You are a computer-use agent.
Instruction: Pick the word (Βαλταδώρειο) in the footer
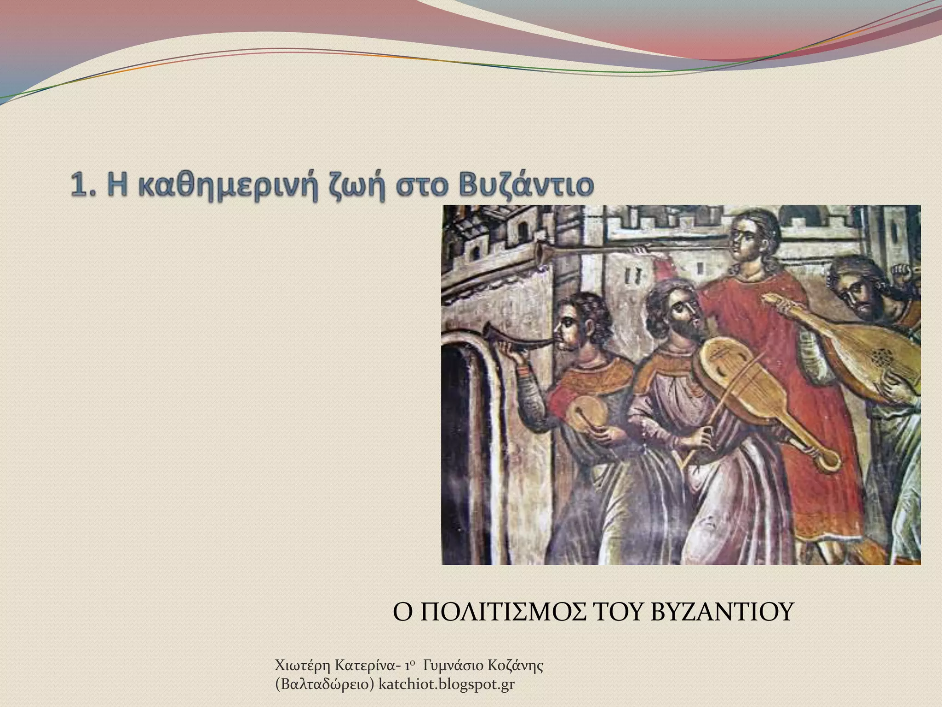tap(324, 685)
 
